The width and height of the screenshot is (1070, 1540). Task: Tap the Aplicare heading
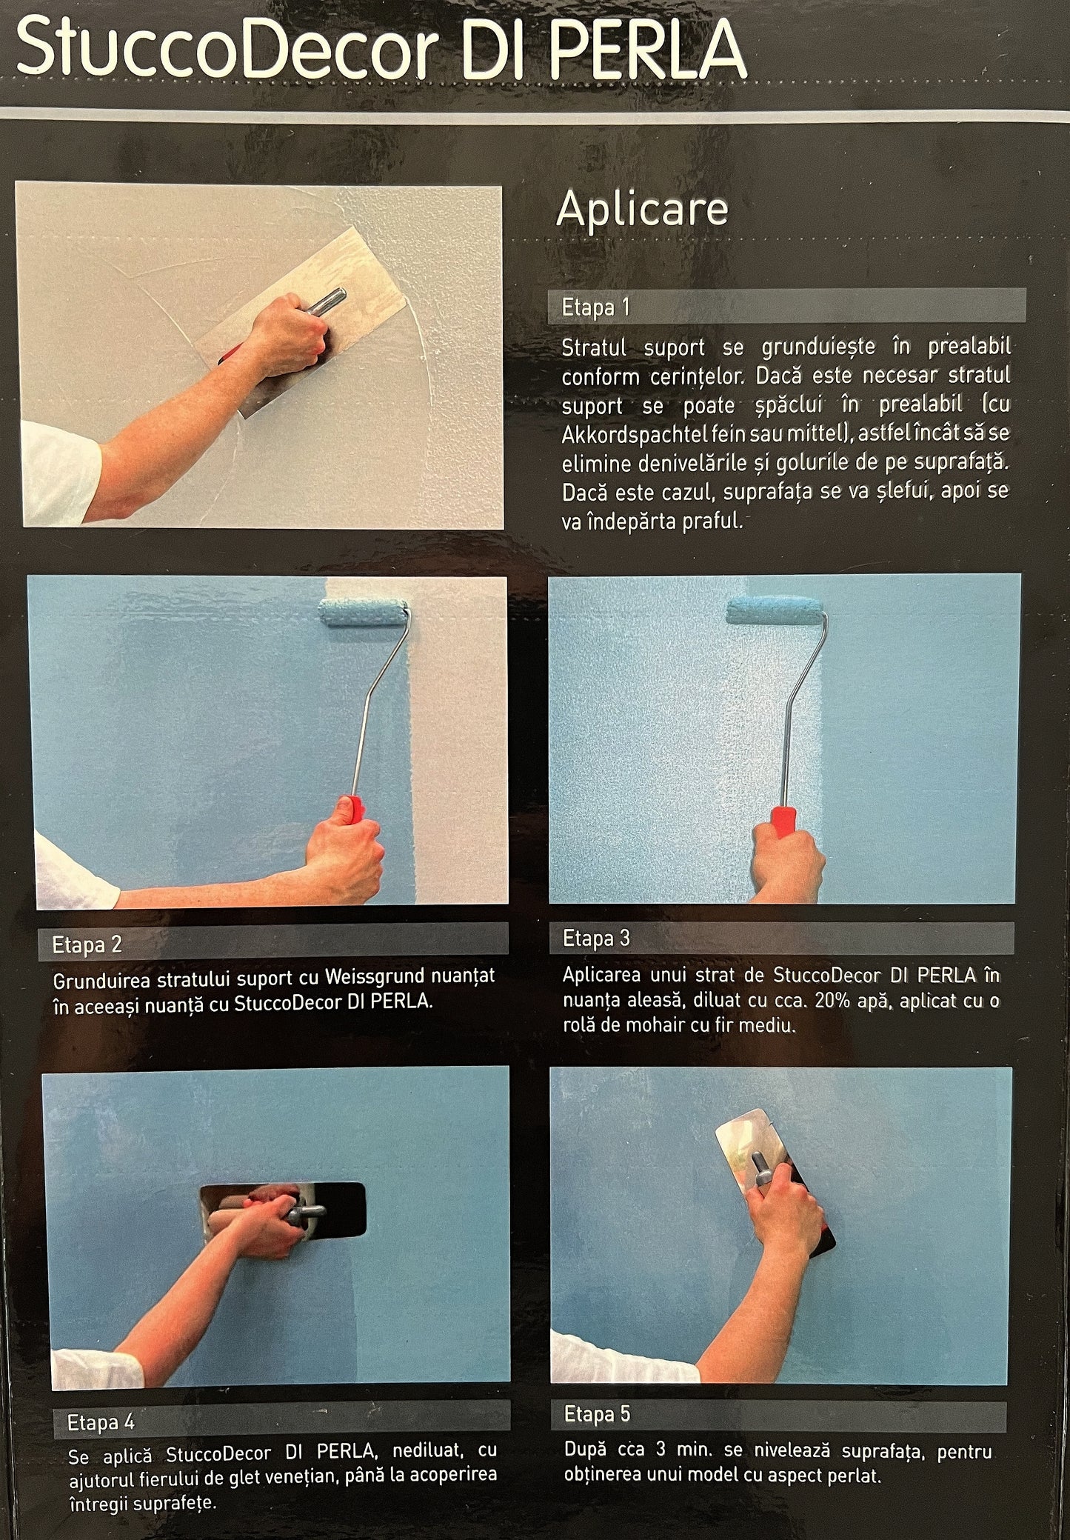point(642,210)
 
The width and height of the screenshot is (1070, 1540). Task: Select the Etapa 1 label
point(595,307)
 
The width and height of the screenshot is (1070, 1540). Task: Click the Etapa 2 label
point(87,944)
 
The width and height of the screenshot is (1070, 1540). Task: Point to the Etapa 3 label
point(596,939)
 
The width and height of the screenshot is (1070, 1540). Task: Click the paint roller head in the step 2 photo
point(364,612)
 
